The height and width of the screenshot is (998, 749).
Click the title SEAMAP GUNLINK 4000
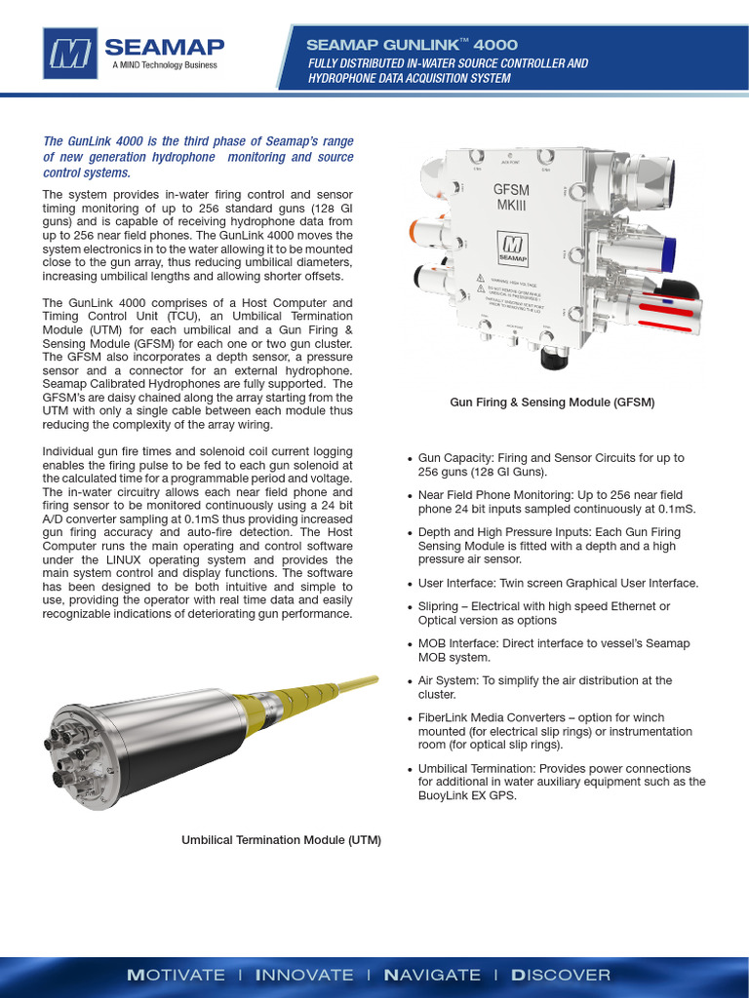pos(412,45)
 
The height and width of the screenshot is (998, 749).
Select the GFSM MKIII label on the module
pos(511,197)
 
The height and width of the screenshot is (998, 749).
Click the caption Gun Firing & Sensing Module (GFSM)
pos(551,402)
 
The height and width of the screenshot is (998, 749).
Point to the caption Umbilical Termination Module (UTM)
pos(281,839)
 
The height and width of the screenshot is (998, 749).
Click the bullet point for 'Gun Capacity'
pos(410,458)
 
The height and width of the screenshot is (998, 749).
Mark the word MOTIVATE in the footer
pos(177,975)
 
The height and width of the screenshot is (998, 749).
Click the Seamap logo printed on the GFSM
pos(512,247)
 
